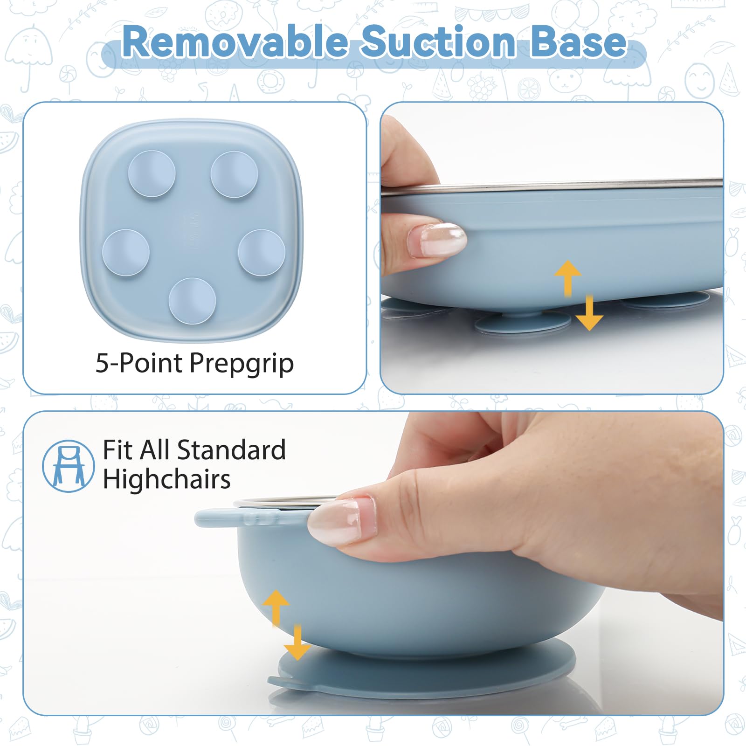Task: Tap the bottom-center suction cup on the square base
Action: [192, 301]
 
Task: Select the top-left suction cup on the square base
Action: [152, 173]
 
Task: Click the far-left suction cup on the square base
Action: [126, 252]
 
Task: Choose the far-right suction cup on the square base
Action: [262, 253]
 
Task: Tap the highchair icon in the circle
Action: [68, 466]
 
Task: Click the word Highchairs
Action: [166, 479]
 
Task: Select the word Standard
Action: [231, 450]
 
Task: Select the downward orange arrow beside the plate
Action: [589, 313]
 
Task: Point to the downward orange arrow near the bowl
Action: [297, 643]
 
